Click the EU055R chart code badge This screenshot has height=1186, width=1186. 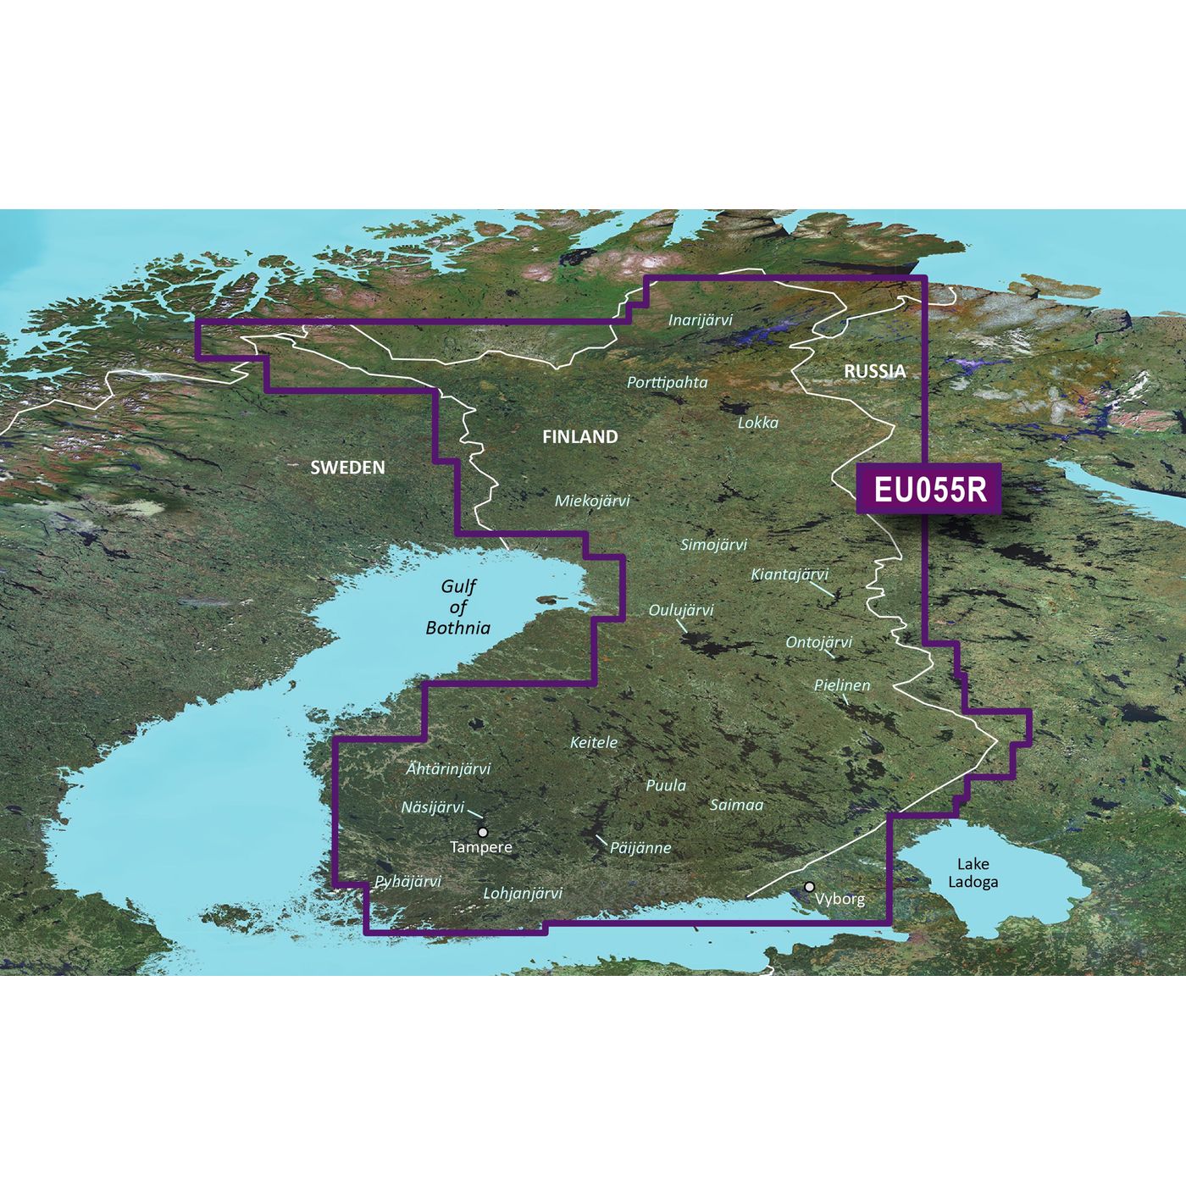tap(929, 489)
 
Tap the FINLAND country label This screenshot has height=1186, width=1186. tap(580, 437)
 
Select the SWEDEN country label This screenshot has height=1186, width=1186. tap(347, 468)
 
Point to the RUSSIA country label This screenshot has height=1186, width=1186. tap(874, 371)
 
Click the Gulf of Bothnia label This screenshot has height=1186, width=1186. tap(458, 607)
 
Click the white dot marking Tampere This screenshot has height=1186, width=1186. tap(483, 832)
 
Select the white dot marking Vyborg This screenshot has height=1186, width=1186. tap(810, 887)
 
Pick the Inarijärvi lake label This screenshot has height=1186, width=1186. tap(701, 320)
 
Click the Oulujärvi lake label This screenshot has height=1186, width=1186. tap(681, 610)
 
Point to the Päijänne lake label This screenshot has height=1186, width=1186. tap(640, 847)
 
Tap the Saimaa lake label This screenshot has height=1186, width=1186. tap(736, 805)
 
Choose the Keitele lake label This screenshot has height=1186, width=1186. tap(594, 742)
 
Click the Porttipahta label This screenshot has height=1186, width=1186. tap(667, 383)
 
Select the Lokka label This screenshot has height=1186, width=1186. tap(758, 422)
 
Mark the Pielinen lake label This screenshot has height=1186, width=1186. tap(842, 685)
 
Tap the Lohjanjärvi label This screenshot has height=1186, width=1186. tap(523, 893)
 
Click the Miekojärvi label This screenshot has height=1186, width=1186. tap(592, 501)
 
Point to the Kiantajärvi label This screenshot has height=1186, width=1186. tap(790, 574)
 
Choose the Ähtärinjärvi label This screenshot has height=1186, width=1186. tap(448, 769)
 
